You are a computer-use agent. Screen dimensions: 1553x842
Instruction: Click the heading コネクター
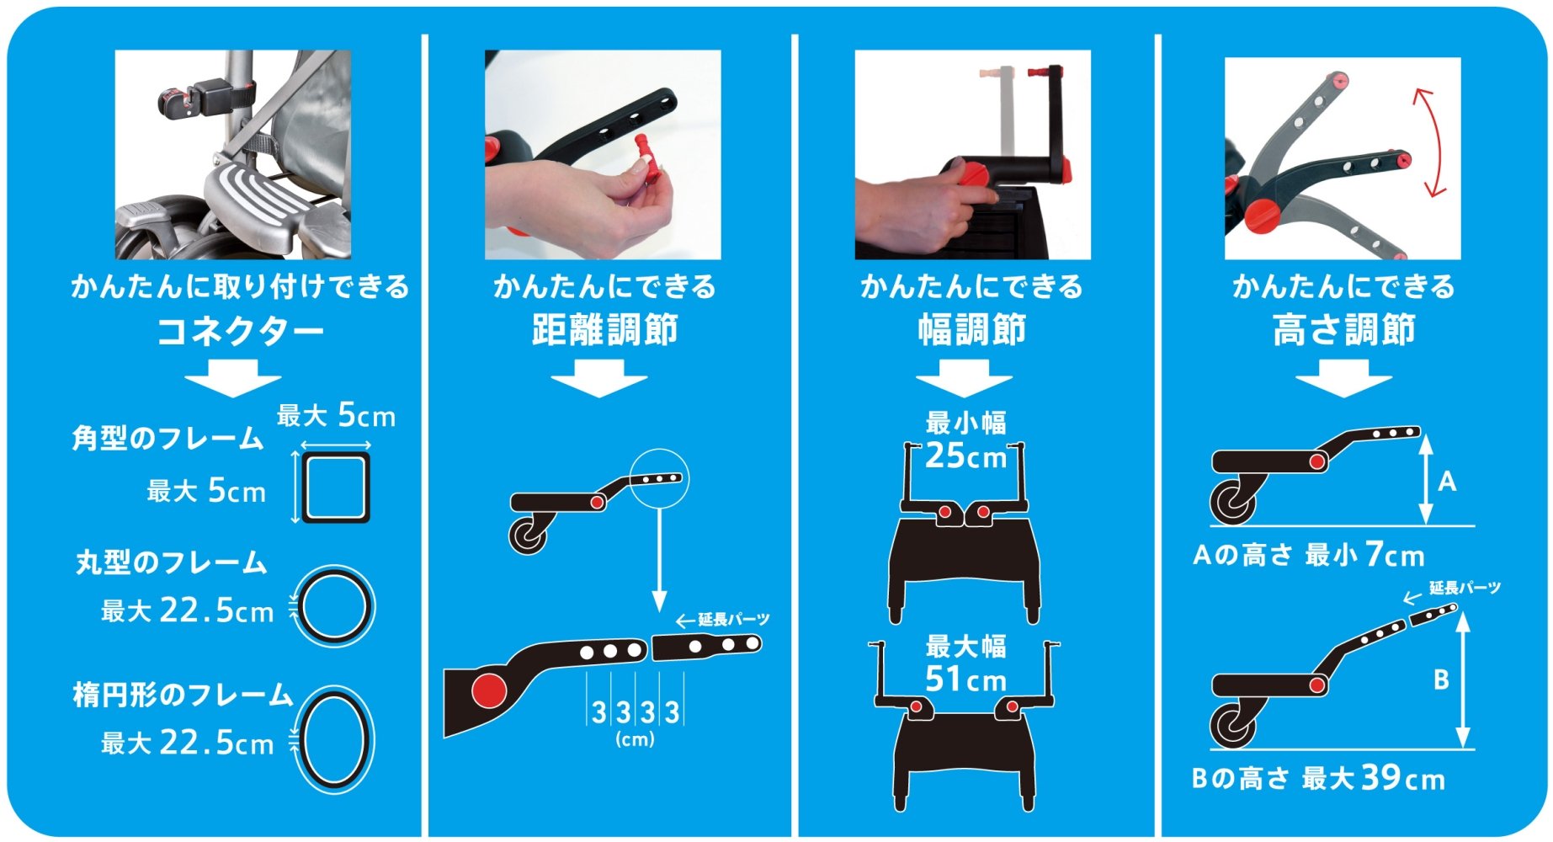pyautogui.click(x=240, y=330)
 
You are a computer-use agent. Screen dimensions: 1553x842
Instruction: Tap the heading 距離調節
pyautogui.click(x=604, y=329)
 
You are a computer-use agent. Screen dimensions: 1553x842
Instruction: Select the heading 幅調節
pyautogui.click(x=971, y=329)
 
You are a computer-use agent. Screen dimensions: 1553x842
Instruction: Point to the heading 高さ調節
pyautogui.click(x=1343, y=329)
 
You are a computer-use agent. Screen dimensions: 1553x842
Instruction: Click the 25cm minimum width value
pyautogui.click(x=965, y=456)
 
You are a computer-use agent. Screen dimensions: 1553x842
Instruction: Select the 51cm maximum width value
pyautogui.click(x=965, y=679)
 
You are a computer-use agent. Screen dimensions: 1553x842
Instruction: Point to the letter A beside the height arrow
pyautogui.click(x=1446, y=482)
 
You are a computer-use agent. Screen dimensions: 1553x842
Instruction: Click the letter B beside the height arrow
pyautogui.click(x=1441, y=679)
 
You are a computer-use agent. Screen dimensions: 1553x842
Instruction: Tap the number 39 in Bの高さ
pyautogui.click(x=1381, y=777)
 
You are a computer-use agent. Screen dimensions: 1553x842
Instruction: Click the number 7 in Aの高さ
pyautogui.click(x=1374, y=554)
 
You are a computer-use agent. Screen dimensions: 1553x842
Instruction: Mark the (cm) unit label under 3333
pyautogui.click(x=635, y=739)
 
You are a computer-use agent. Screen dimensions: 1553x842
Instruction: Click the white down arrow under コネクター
pyautogui.click(x=233, y=378)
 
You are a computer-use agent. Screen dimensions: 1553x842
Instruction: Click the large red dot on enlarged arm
pyautogui.click(x=488, y=690)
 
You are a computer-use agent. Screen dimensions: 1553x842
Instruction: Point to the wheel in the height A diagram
pyautogui.click(x=1231, y=504)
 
